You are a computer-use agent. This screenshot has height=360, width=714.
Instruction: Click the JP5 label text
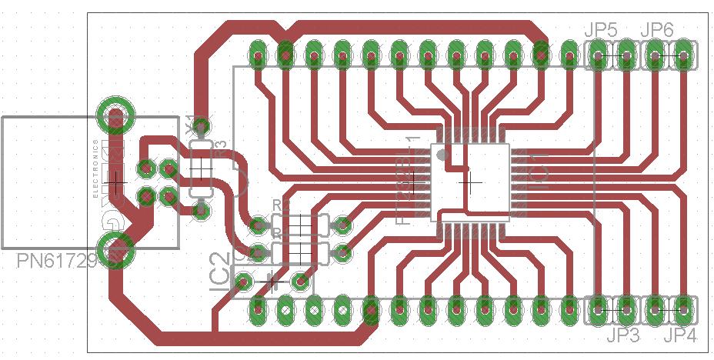(600, 31)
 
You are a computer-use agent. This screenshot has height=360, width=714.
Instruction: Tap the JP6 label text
(657, 31)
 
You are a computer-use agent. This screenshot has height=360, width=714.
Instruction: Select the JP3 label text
(623, 335)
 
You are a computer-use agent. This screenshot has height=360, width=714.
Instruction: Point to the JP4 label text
(680, 335)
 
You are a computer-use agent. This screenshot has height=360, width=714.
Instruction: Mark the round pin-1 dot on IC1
(442, 155)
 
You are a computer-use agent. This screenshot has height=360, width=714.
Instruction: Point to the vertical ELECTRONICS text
(96, 169)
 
